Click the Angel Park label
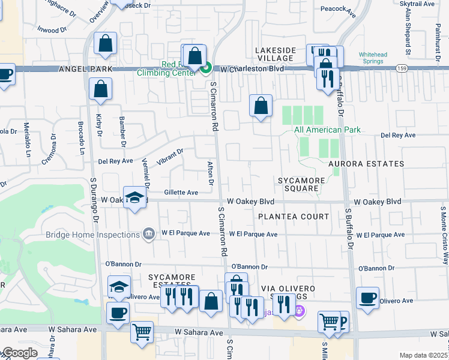pos(85,70)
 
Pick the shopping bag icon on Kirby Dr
pos(100,89)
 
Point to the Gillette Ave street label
pos(181,193)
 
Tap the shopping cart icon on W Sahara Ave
pos(142,332)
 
